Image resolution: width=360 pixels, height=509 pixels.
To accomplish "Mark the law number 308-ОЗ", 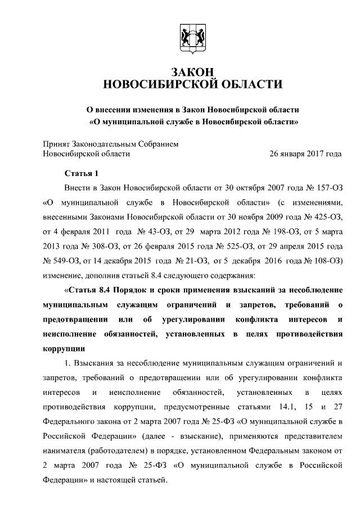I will pyautogui.click(x=99, y=246).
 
